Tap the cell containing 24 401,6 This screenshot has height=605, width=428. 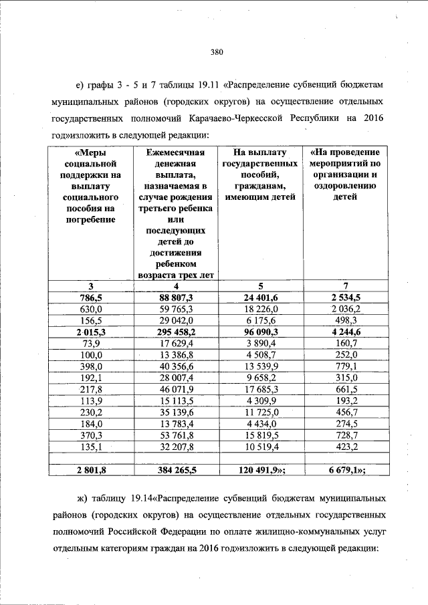259,297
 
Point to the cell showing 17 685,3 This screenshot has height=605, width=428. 259,389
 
